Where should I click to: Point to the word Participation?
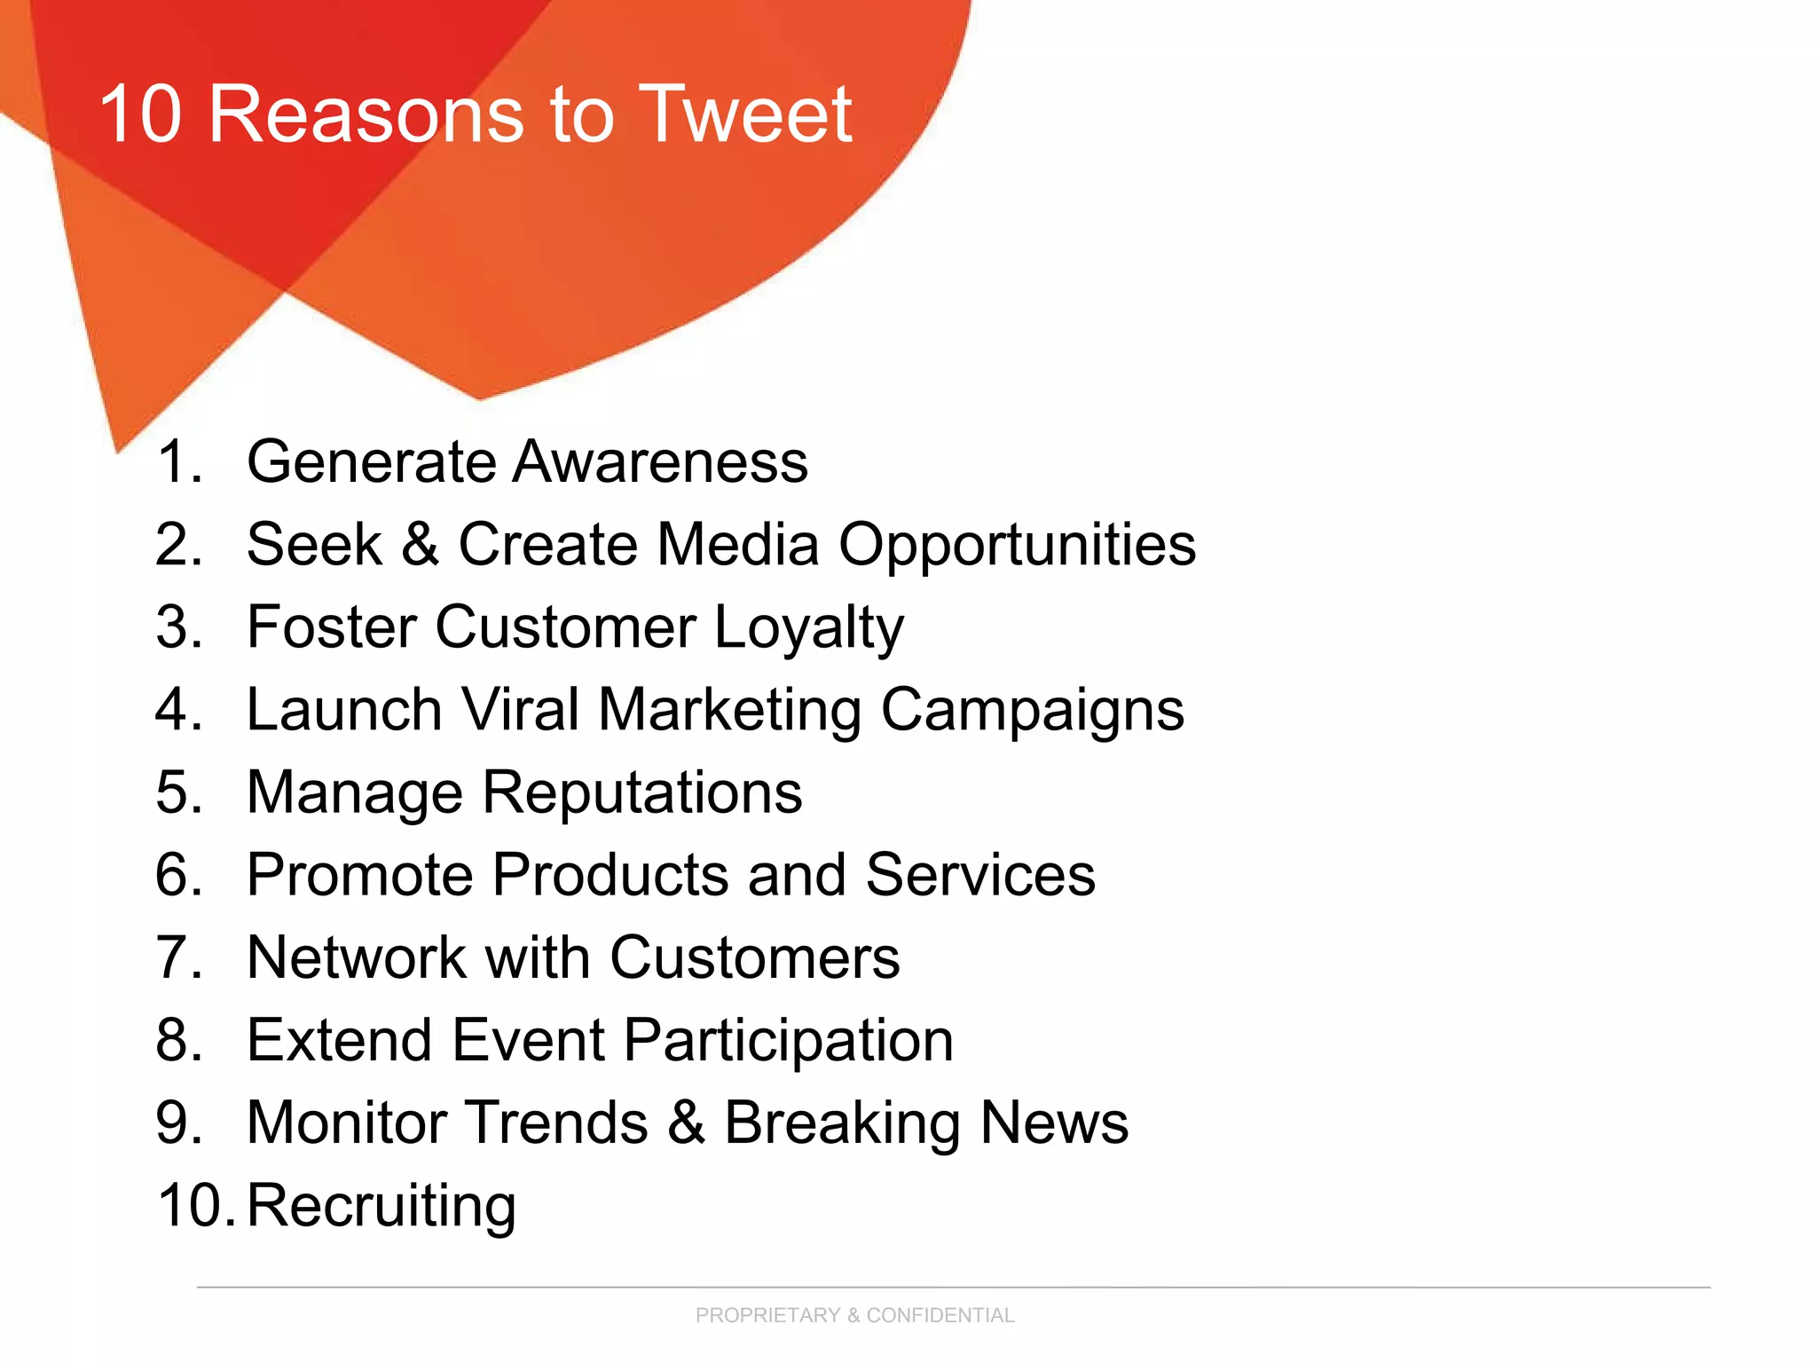[789, 1041]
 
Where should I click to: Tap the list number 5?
[178, 792]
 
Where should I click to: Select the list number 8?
[178, 1040]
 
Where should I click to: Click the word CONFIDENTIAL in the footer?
[940, 1315]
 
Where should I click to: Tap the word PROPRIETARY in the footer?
[767, 1315]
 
